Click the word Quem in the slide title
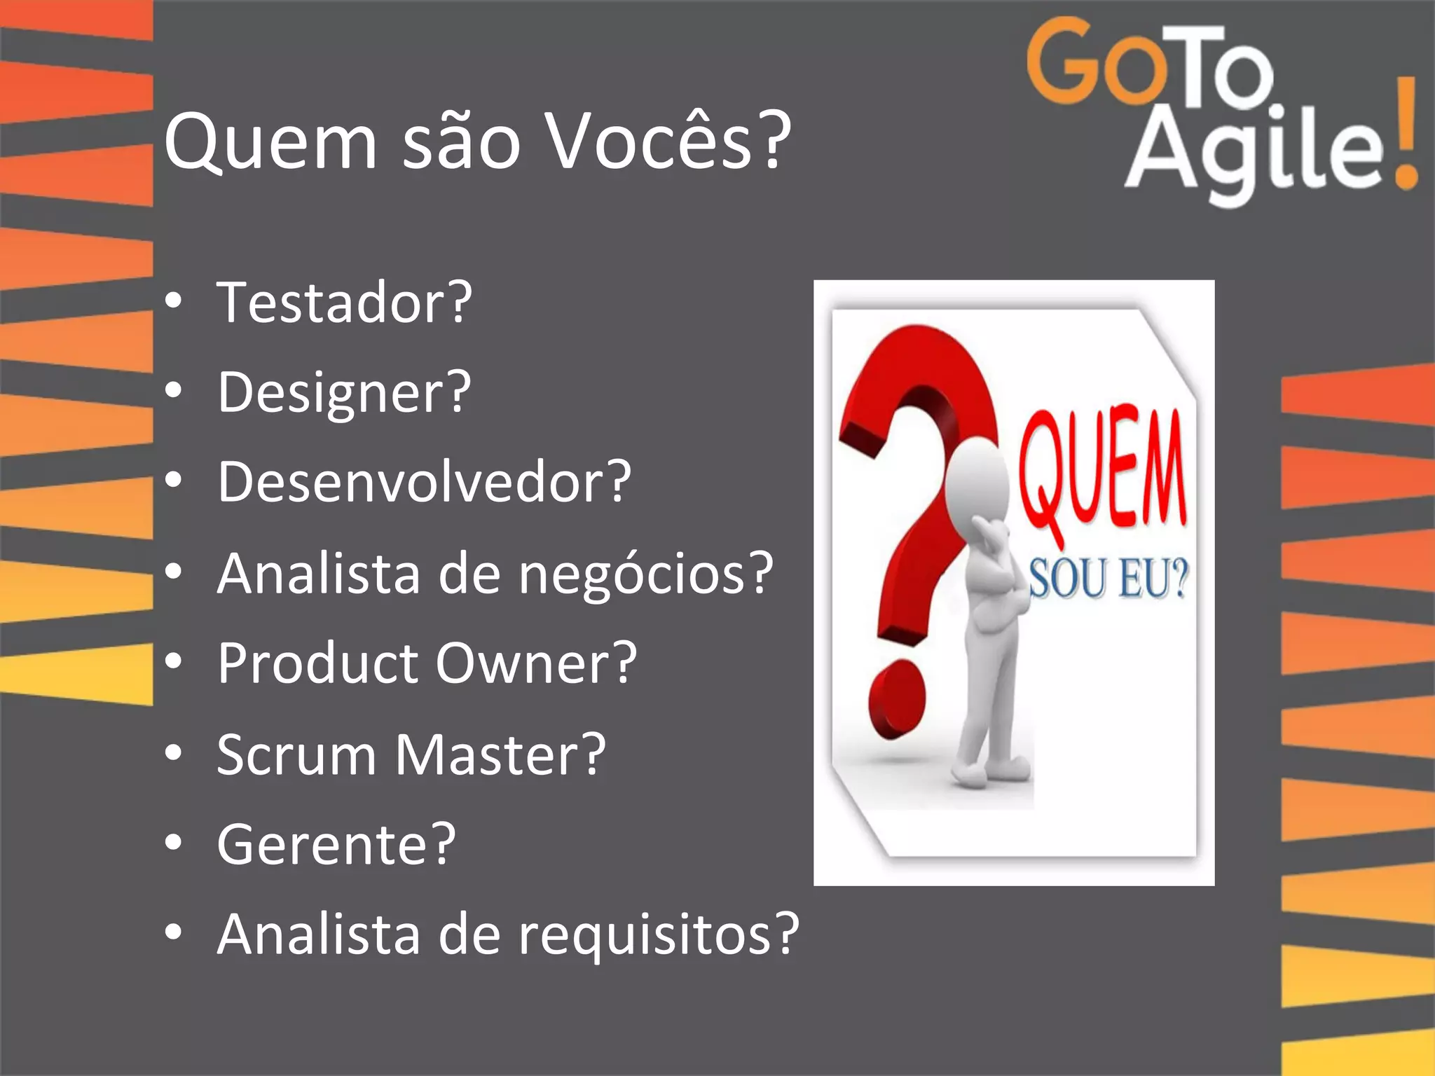pos(270,144)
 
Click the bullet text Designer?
pos(344,393)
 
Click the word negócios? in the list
pos(646,574)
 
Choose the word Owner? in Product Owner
pos(536,663)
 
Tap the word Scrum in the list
pos(296,754)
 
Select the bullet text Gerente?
pos(336,845)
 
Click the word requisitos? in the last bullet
pos(659,934)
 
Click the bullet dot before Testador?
pos(173,302)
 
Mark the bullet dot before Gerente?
pos(173,843)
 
